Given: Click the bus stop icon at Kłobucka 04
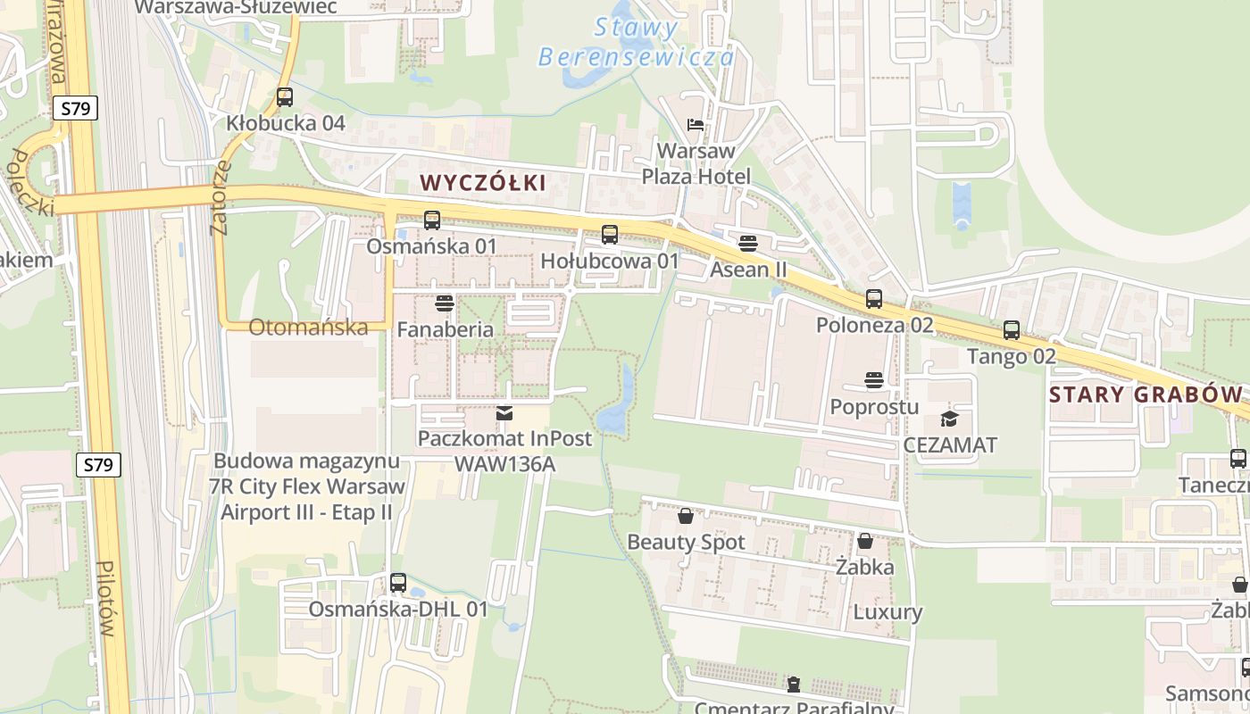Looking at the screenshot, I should (x=285, y=97).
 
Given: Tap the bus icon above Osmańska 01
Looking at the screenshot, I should (x=432, y=220).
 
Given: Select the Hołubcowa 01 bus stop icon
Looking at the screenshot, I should (x=610, y=235).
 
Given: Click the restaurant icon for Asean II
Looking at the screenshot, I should (x=748, y=243).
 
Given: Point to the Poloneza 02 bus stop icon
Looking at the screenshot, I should (x=874, y=299).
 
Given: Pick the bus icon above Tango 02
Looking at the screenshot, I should (x=1012, y=330).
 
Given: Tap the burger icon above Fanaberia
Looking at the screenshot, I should (x=445, y=303).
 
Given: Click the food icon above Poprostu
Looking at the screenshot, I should (x=874, y=381).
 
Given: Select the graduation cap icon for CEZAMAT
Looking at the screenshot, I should (x=949, y=419).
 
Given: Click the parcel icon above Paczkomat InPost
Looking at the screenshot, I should (x=504, y=413).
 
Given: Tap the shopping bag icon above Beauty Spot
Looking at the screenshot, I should (x=686, y=516).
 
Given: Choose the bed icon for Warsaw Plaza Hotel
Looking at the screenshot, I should (x=696, y=124).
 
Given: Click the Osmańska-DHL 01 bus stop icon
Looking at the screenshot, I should (x=398, y=583).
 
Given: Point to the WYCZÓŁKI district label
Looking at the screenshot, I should (x=482, y=183).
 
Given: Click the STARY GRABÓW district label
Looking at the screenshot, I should (x=1146, y=394).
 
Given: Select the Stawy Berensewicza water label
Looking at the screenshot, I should (x=637, y=42).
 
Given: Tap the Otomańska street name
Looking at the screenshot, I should (x=308, y=327).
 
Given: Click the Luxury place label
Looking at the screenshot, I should (x=887, y=612).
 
